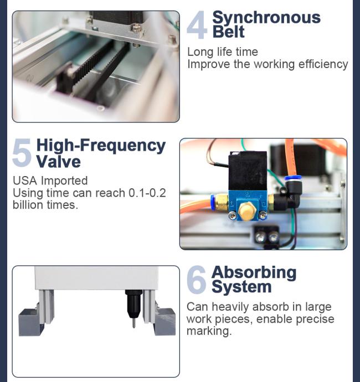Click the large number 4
197,25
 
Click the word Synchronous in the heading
266,18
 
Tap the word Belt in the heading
228,32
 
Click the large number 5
22,152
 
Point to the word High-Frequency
101,146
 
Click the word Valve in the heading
59,162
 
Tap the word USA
25,181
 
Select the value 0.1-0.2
147,193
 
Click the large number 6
197,280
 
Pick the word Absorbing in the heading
254,272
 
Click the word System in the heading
241,287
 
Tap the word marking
209,331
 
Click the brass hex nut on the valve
248,210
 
